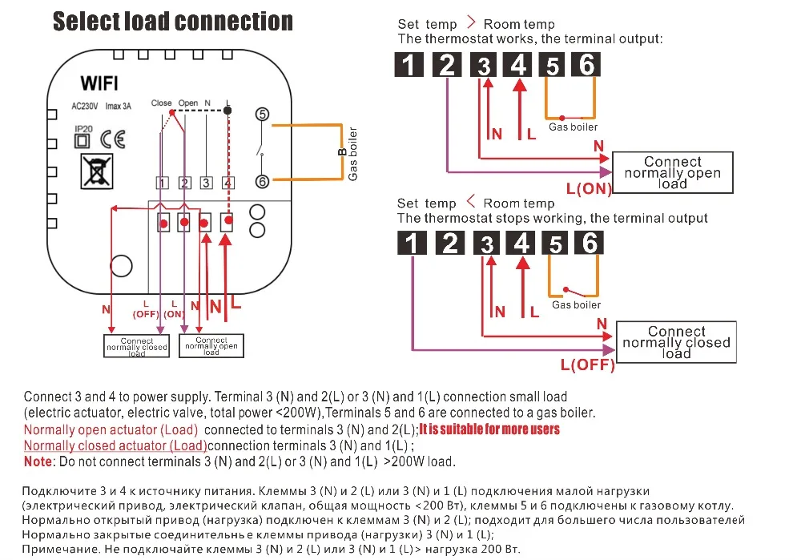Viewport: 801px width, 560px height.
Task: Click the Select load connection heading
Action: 173,22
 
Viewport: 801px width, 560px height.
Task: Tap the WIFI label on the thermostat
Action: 99,83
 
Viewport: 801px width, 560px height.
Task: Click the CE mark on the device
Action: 112,139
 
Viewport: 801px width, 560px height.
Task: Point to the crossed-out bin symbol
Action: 97,171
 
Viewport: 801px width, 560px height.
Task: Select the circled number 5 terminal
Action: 262,114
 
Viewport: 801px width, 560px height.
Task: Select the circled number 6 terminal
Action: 262,181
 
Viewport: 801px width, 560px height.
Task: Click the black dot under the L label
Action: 227,111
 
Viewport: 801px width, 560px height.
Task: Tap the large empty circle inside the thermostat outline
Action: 121,266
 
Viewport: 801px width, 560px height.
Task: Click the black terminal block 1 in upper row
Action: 409,65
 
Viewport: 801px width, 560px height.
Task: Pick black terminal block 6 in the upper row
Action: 586,64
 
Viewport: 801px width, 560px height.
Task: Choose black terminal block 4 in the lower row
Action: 521,243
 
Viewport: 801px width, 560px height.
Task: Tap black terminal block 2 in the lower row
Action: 450,243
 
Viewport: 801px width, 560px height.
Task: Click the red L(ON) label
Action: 589,189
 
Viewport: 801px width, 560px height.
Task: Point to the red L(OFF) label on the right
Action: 587,365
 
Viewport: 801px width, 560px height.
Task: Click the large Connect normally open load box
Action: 672,173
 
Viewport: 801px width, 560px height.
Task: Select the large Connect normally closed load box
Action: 676,342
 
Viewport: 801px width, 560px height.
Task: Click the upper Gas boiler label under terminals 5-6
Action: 573,127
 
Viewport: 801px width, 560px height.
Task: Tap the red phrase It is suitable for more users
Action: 489,429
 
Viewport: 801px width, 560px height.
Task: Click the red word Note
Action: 38,461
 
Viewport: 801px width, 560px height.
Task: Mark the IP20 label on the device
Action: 83,129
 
